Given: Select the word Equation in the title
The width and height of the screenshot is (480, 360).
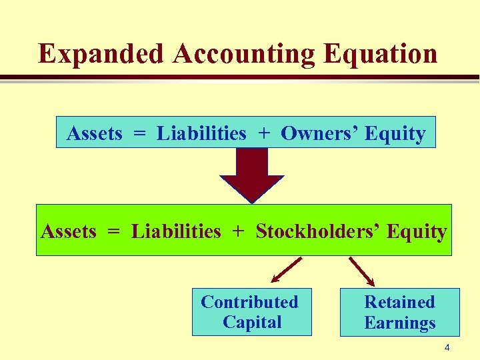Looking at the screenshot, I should coord(381,54).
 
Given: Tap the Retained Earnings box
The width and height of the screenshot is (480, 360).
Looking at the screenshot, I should coord(399,312).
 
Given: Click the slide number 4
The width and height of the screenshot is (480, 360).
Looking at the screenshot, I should coord(447,347).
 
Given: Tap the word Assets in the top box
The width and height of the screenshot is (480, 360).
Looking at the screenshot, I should coord(94,133).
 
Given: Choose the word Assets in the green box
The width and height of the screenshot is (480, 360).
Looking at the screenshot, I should coord(69,231).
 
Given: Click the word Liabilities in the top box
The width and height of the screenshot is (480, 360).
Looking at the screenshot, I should coord(201,133).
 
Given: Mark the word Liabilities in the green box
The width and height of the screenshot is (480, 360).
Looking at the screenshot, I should coord(176,231).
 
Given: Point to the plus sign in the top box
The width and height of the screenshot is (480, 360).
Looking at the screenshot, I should coord(264,133).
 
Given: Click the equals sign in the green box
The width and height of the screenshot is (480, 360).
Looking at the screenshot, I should coord(114,232).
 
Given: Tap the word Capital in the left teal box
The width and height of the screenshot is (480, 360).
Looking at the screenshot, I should coord(252,323).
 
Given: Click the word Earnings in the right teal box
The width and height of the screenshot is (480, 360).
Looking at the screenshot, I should coord(399,323).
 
